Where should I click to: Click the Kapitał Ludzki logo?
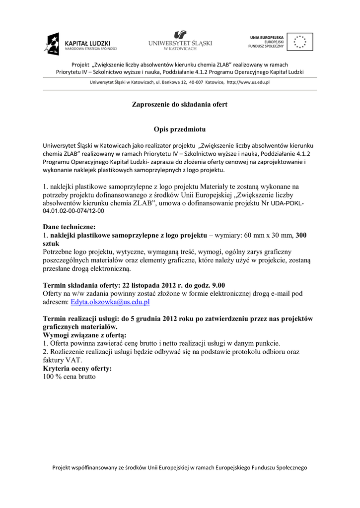point(80,44)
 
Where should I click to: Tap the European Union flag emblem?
point(300,42)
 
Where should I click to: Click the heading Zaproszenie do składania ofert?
point(179,105)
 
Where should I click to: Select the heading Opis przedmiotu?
point(179,129)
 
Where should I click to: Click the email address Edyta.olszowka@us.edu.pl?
point(110,302)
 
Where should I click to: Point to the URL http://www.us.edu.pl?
point(248,82)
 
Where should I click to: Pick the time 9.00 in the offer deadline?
point(215,285)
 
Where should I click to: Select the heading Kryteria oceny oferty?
point(77,369)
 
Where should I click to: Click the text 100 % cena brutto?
point(69,377)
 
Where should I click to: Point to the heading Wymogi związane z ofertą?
point(85,335)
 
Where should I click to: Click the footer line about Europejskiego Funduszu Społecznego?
point(180,467)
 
